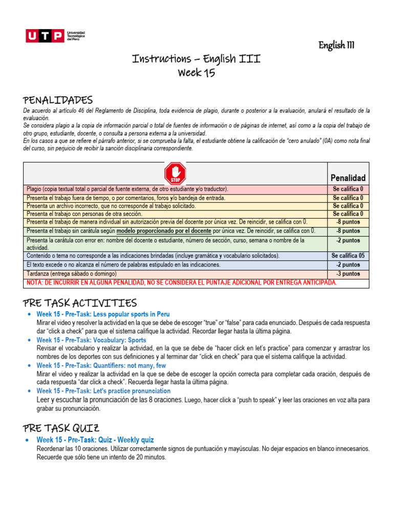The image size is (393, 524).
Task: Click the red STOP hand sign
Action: (x=175, y=173)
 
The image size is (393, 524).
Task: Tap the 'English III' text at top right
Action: (x=336, y=46)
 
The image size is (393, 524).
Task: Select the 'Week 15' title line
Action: (x=196, y=73)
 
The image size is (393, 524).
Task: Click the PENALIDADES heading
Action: (x=58, y=99)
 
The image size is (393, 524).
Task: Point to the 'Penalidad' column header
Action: (x=348, y=178)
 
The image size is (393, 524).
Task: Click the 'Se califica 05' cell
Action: (x=348, y=255)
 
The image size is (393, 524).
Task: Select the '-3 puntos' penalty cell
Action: (x=348, y=274)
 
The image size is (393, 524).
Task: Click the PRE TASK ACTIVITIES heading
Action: (x=80, y=303)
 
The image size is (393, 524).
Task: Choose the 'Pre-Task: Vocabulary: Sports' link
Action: (x=91, y=340)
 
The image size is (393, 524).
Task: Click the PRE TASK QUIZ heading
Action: (x=61, y=428)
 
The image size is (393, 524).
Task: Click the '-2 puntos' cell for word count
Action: (x=348, y=265)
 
